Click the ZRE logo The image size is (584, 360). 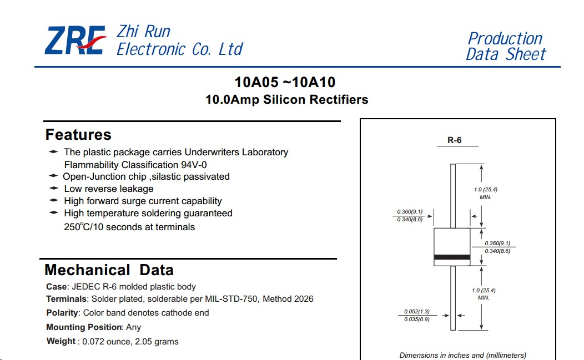pos(75,40)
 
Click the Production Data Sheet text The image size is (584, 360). pos(506,46)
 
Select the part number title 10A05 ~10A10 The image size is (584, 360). pos(285,82)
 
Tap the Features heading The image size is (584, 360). pos(78,134)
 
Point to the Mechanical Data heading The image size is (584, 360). pos(109,270)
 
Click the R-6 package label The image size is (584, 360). pos(455,140)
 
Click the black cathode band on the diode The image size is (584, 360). pos(452,257)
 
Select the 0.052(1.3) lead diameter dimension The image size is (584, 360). pos(417,312)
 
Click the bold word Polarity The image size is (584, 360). pos(62,313)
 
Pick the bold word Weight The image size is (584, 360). pos(61,341)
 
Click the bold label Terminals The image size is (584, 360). pos(66,299)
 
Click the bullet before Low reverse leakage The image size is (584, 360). pos(54,189)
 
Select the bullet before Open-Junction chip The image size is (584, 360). pos(53,176)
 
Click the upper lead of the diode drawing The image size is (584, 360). pos(453,196)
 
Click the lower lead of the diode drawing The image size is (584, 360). pos(453,298)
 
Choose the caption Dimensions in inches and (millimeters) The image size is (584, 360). pos(463,355)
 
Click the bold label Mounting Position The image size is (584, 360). pos(84,327)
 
